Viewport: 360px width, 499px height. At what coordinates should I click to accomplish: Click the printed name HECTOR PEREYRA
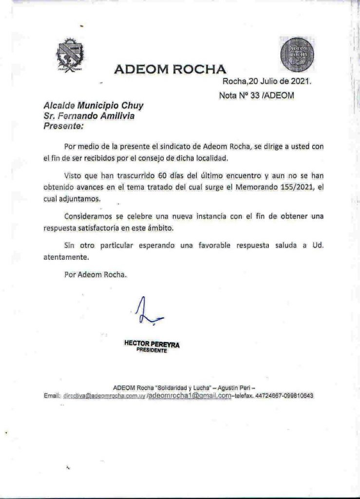(152, 345)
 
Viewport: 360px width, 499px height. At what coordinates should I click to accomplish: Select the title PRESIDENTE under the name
(152, 351)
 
